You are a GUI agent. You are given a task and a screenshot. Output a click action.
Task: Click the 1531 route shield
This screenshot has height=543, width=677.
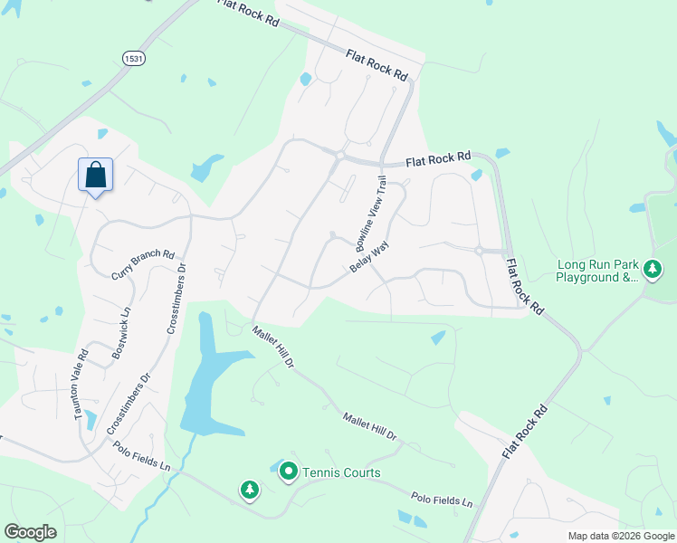133,57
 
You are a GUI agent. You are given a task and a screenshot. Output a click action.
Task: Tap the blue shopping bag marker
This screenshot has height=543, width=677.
95,175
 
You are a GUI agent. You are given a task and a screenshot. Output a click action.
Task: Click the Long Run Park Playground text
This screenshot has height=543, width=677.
597,271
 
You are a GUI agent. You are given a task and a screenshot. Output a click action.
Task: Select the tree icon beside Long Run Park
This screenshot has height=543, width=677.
651,269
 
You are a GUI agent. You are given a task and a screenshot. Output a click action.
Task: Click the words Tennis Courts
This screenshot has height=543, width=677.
341,472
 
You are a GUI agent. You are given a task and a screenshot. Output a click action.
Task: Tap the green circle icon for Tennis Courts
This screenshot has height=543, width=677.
289,472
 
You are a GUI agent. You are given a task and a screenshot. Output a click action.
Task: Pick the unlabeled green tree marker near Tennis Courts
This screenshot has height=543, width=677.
249,491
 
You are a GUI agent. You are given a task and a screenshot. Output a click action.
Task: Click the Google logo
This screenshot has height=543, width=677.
30,532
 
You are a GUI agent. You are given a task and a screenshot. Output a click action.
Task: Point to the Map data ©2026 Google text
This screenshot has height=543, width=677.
620,536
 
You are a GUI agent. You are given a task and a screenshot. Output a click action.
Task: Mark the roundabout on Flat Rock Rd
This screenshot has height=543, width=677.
339,157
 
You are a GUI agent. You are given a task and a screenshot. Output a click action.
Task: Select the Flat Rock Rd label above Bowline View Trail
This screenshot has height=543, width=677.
438,158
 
